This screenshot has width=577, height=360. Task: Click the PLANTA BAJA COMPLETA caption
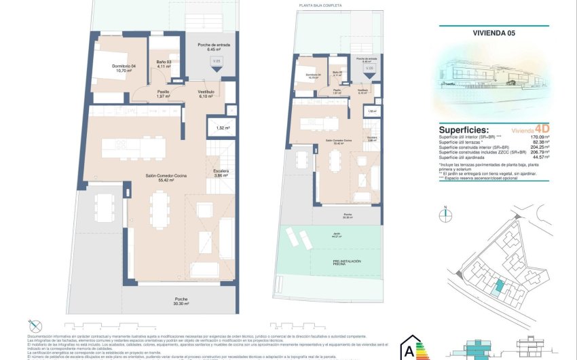point(320,5)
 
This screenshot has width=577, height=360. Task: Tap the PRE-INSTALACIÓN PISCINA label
point(347,262)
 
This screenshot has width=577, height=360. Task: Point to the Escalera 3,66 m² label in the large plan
point(221,173)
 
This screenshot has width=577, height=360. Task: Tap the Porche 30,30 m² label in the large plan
point(181,301)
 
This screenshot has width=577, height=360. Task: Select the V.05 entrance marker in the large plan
point(217,63)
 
